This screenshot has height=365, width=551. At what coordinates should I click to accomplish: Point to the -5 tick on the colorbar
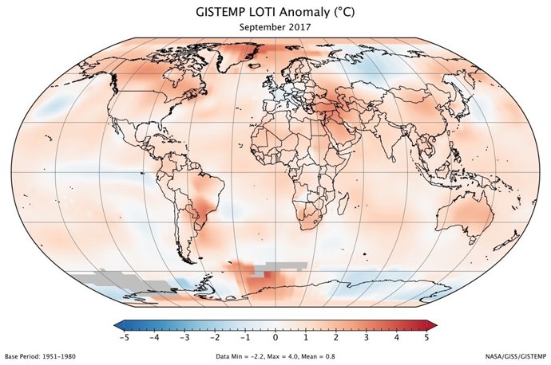(x=124, y=337)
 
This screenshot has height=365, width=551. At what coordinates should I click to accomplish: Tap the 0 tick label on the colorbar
(x=275, y=337)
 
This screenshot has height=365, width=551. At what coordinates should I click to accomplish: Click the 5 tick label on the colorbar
(x=427, y=337)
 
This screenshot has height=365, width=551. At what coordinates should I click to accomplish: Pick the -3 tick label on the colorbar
(x=184, y=337)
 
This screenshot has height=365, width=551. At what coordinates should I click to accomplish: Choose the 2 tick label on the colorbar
(x=336, y=337)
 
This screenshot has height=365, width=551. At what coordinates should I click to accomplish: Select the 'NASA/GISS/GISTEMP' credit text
(x=516, y=355)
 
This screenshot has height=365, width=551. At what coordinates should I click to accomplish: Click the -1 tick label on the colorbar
(x=245, y=337)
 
